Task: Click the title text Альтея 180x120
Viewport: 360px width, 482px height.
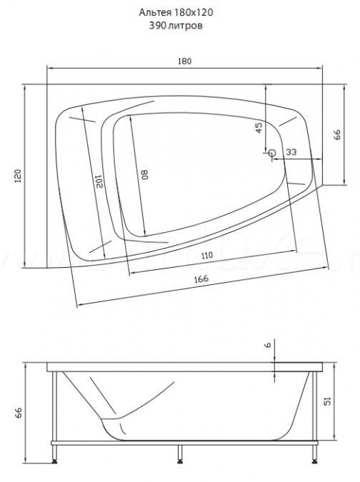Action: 176,12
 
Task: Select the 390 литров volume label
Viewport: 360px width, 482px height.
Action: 176,26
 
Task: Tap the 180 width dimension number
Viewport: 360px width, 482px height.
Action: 184,61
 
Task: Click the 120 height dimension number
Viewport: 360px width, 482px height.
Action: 18,176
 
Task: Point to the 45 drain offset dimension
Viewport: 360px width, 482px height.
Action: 259,128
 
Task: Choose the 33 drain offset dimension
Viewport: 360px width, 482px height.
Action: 291,152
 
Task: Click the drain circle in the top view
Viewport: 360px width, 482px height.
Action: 271,153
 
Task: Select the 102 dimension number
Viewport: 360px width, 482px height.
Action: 99,181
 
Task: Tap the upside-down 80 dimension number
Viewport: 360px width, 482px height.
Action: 145,174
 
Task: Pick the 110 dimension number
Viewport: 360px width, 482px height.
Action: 207,255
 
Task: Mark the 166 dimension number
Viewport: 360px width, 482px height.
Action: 201,278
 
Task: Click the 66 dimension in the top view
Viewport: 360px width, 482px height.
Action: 337,135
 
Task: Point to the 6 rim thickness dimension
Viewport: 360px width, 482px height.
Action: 268,345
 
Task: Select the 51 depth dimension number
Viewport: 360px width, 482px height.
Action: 328,401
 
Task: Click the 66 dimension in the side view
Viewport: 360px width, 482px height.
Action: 19,413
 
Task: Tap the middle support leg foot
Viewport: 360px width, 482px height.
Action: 180,461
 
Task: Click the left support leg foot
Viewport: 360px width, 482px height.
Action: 55,461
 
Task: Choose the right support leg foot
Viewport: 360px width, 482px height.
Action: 315,461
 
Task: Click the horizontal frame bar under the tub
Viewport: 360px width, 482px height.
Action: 184,443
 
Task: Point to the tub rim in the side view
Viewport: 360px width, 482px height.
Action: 185,367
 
